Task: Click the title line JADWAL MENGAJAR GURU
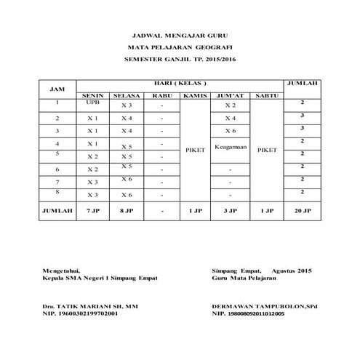pos(180,34)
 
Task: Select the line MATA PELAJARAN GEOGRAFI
pos(180,46)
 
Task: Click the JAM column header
pos(56,89)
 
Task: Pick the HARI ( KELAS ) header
pos(180,82)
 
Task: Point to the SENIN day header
pos(92,95)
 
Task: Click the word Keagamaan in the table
pos(232,146)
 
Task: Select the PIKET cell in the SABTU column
pos(268,149)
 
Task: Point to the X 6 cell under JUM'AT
pos(231,131)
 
